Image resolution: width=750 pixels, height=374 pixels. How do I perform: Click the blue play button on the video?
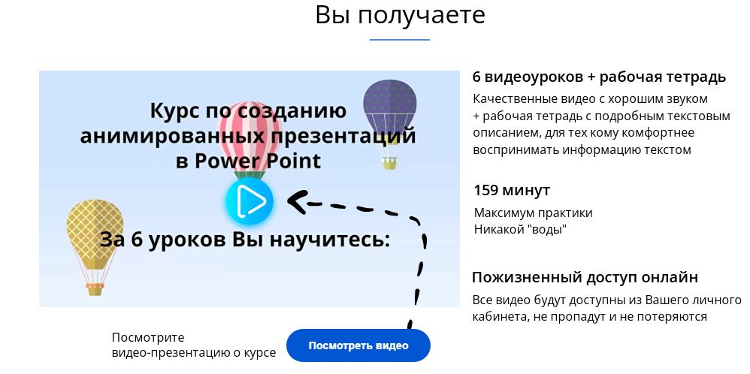[x=249, y=201]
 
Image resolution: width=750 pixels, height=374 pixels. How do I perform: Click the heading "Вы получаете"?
[x=400, y=14]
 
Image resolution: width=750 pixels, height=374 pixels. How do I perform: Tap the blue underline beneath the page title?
[x=400, y=39]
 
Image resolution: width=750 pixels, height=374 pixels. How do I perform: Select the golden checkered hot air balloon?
[x=95, y=233]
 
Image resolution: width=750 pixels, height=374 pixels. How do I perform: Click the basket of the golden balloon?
[x=95, y=289]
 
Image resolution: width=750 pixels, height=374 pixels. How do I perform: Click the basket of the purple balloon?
[x=389, y=163]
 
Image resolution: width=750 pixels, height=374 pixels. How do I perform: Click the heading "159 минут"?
[x=511, y=190]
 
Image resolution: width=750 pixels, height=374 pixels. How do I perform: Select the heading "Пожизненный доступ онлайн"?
[x=585, y=277]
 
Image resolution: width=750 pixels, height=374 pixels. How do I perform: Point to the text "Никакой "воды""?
[x=520, y=229]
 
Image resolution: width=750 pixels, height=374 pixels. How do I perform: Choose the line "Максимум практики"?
[x=533, y=213]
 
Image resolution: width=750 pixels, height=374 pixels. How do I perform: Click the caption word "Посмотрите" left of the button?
[x=147, y=337]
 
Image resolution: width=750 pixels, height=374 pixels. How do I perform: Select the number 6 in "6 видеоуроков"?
[x=477, y=77]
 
